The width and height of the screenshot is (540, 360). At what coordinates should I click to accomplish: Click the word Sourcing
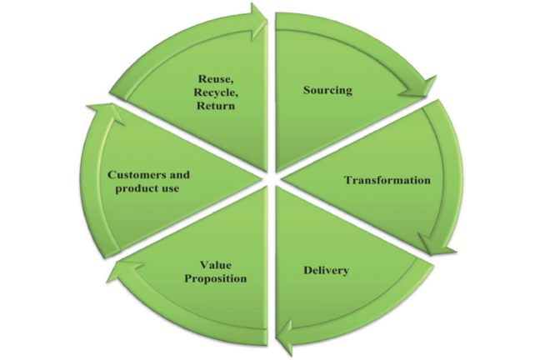coord(327,89)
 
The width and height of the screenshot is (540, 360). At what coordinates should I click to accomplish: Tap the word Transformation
coord(387,180)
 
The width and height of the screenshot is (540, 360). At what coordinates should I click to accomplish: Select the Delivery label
coord(327,271)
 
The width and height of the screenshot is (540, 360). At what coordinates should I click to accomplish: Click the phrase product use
coord(149,188)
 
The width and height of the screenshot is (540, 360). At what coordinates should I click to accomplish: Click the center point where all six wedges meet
coord(270,177)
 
